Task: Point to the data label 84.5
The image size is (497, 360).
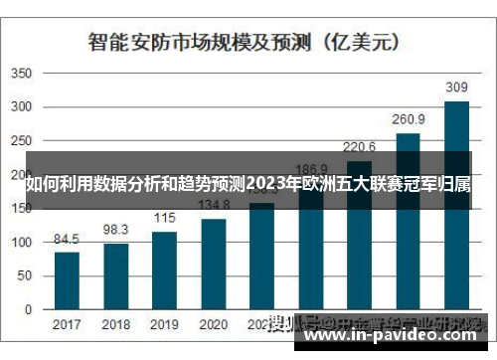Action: (67, 240)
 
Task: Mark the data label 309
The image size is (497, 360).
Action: (456, 89)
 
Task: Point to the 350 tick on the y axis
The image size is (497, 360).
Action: (23, 74)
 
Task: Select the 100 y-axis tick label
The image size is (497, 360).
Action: (23, 242)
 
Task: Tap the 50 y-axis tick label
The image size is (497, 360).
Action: (26, 275)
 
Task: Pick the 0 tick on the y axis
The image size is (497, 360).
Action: (30, 309)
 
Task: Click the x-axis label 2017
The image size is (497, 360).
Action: (67, 325)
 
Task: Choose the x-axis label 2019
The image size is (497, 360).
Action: (164, 325)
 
